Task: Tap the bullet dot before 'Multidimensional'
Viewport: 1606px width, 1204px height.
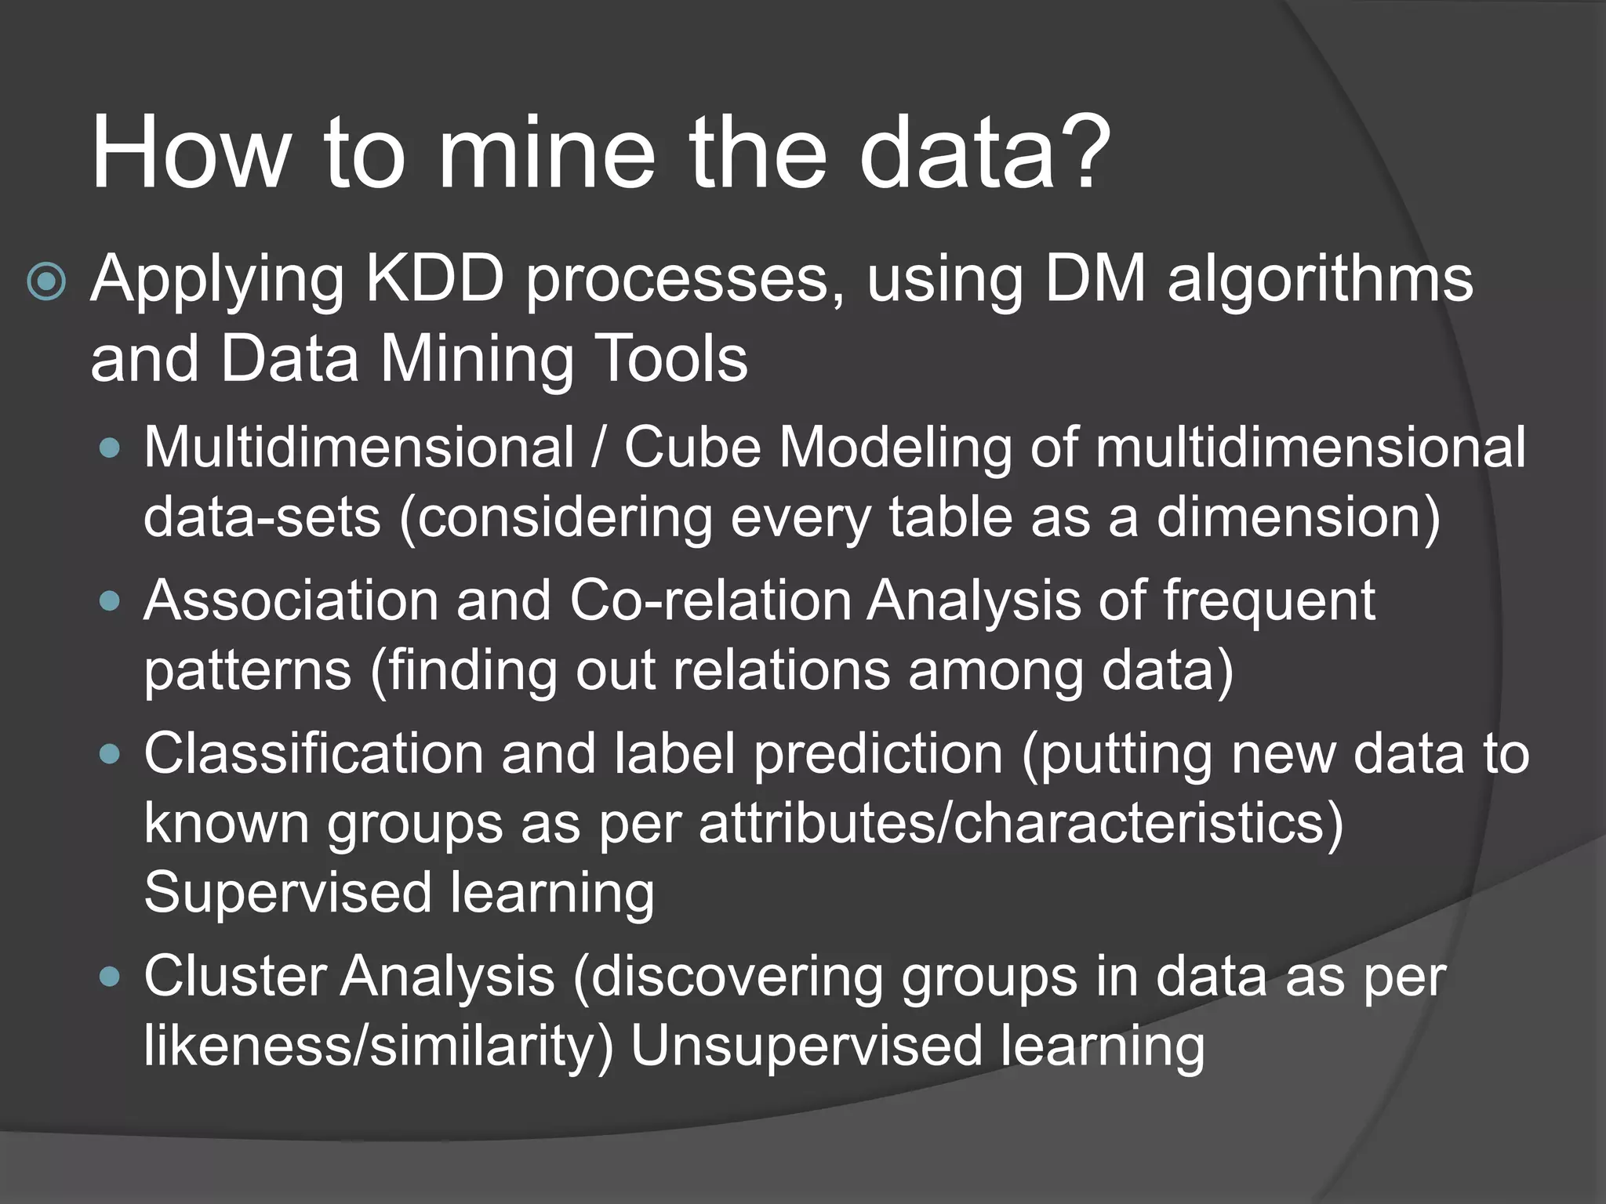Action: pos(111,448)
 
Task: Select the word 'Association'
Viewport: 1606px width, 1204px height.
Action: pos(291,600)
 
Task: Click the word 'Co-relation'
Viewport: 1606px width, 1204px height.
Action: pos(710,600)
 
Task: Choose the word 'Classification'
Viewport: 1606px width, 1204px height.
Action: pos(314,754)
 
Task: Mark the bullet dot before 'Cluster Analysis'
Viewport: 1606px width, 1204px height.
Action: pos(111,977)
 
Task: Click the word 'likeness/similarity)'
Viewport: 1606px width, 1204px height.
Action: pos(379,1047)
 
